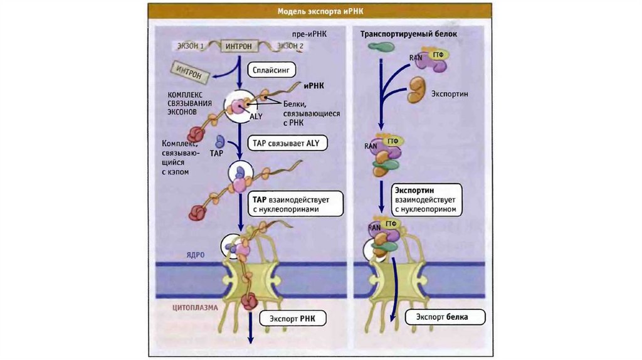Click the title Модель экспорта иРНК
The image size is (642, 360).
(320, 11)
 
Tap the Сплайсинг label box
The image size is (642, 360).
(271, 69)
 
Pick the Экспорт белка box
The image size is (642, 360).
(446, 317)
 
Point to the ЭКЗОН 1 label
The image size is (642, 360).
(189, 46)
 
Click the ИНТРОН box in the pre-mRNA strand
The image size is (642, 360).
(240, 46)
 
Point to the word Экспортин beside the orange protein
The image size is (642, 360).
(450, 93)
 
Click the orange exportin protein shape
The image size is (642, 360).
(418, 89)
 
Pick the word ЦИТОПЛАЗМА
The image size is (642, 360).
(195, 307)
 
